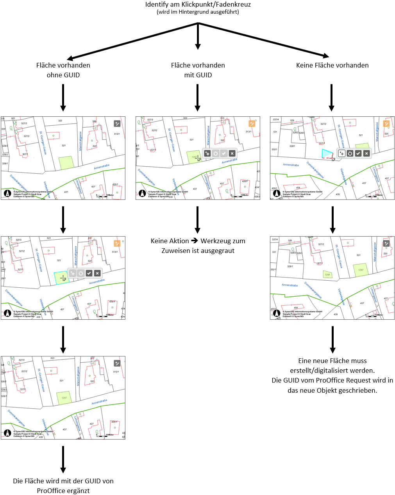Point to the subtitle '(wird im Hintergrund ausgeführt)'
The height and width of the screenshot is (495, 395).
click(x=198, y=12)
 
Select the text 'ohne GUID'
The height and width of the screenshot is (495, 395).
click(x=63, y=75)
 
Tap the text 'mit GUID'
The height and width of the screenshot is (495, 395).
click(x=198, y=75)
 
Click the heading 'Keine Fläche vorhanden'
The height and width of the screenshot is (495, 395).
click(x=332, y=65)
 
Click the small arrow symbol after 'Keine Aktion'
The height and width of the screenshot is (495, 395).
click(x=195, y=241)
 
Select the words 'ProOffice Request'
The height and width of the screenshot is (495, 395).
click(x=345, y=380)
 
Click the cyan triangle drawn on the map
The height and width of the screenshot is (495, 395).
click(x=326, y=153)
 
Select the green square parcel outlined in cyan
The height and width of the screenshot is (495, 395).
click(x=60, y=278)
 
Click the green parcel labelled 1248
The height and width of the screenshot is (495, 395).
click(x=327, y=274)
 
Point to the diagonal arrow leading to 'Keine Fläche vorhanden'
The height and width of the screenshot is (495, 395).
click(x=266, y=39)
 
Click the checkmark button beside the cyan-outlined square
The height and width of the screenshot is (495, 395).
click(x=89, y=273)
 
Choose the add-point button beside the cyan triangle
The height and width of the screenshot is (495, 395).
click(x=341, y=153)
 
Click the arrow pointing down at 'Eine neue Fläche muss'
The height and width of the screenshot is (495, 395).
click(x=332, y=340)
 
